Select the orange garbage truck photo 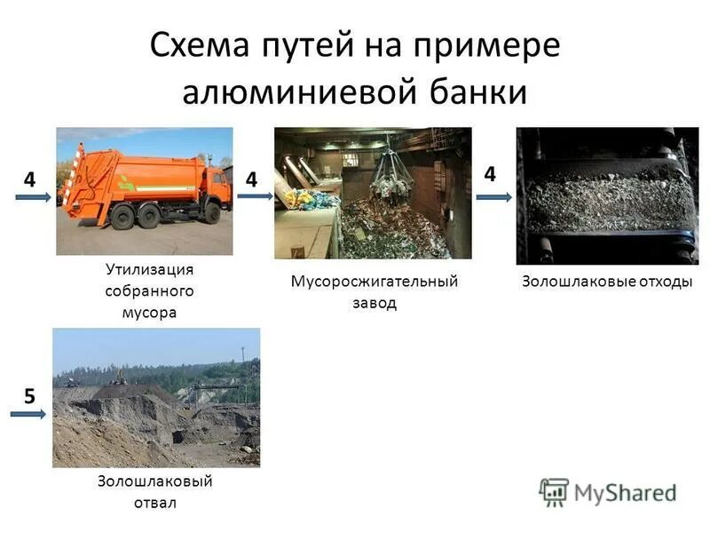[145, 191]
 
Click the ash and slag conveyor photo [607, 195]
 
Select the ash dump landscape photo [156, 397]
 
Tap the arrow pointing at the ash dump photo [33, 414]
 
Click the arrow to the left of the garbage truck [36, 198]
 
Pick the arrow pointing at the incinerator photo [255, 198]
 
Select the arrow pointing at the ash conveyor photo [494, 197]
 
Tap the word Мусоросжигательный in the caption [375, 282]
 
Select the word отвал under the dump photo [156, 503]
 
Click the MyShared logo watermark [608, 491]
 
